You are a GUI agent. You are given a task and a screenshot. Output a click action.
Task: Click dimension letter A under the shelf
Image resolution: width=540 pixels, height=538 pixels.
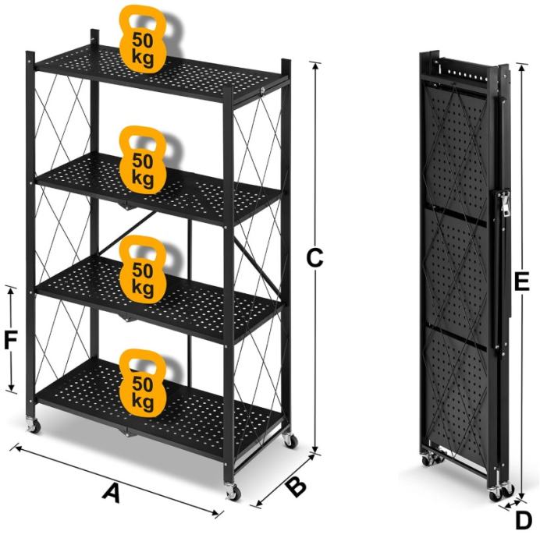[112, 494]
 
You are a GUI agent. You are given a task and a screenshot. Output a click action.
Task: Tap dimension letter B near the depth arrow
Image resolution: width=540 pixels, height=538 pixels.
[297, 486]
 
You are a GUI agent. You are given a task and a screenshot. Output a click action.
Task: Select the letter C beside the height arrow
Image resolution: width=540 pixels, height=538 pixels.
[314, 257]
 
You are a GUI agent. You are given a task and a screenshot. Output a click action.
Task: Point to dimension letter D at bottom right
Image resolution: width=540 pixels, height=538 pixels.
[524, 522]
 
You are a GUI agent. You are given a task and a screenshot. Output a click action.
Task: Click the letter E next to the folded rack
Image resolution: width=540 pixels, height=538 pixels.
[521, 281]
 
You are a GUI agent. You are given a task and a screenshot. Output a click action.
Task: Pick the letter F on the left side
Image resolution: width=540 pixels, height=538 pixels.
[10, 340]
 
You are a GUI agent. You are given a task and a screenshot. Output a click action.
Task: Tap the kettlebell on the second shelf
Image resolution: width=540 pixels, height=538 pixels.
[143, 159]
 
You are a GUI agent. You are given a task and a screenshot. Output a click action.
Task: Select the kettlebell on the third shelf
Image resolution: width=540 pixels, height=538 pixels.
[143, 269]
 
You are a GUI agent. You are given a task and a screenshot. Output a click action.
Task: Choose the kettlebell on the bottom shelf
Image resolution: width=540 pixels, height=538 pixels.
[143, 383]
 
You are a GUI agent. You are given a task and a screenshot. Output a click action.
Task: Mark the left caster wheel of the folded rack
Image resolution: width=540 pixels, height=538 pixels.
[428, 460]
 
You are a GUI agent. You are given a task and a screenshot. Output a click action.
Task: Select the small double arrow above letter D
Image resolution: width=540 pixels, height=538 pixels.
[510, 504]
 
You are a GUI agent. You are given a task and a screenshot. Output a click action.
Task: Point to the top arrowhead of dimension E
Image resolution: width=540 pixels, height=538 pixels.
[522, 68]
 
